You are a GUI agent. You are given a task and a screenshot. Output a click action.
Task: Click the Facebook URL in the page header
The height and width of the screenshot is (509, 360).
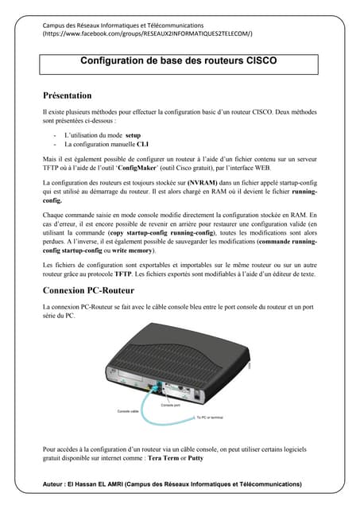point(148,35)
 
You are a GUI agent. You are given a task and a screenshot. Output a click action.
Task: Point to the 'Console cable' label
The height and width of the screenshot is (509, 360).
point(130,412)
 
